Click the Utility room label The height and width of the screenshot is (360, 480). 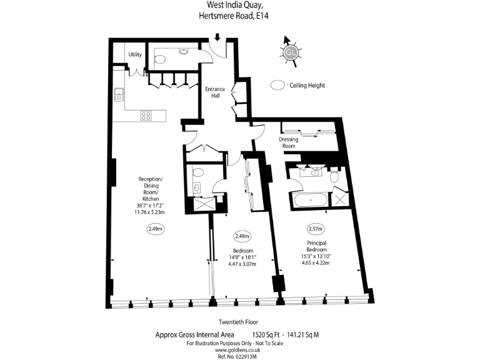tap(135, 54)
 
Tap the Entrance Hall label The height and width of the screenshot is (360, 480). tap(215, 92)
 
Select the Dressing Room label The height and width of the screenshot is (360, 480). tap(289, 142)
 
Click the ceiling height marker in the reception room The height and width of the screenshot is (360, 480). tap(155, 229)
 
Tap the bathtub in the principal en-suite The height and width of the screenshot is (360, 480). tap(308, 201)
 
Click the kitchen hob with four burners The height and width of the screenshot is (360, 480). tap(146, 116)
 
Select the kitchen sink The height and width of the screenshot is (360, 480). tap(118, 95)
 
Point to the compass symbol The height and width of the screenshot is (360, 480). tap(290, 52)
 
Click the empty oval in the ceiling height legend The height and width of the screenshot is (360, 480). tap(277, 85)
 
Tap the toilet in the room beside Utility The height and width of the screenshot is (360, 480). tap(160, 60)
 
